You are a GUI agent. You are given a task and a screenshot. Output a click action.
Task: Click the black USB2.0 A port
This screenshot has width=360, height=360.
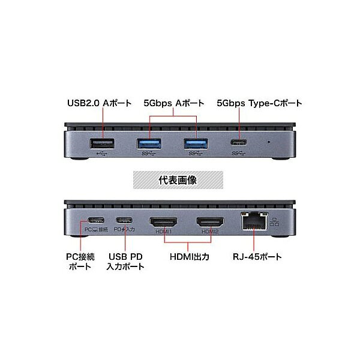[102, 144]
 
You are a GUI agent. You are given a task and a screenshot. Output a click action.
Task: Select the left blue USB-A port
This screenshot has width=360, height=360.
[149, 144]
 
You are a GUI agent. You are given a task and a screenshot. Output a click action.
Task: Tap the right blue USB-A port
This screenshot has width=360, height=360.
[196, 144]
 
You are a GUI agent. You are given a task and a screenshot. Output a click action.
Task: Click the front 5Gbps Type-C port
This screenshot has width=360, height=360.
[239, 142]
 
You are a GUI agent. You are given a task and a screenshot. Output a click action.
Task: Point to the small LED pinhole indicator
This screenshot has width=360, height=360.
[269, 142]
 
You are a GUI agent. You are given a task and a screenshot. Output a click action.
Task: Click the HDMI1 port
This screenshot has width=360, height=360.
[163, 222]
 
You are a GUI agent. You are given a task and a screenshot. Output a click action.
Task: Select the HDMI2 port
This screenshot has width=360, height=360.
[211, 222]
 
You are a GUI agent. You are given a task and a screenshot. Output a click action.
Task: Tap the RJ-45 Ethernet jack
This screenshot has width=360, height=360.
[254, 221]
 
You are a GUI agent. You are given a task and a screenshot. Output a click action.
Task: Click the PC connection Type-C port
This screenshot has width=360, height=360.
[96, 220]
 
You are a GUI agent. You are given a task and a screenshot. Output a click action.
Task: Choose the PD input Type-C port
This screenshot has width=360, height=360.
[124, 220]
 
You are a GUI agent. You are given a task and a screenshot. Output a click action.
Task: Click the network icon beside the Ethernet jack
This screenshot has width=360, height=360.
[274, 222]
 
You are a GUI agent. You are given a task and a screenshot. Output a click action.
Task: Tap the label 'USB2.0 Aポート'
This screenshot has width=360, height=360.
[99, 103]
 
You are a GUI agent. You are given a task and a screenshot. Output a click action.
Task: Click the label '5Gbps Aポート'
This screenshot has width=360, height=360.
[174, 103]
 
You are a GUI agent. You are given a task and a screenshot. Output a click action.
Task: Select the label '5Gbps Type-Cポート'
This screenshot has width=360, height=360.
[259, 103]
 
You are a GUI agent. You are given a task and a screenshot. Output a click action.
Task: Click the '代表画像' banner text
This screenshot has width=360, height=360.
[178, 180]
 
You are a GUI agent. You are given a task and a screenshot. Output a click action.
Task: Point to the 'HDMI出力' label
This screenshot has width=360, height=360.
[190, 257]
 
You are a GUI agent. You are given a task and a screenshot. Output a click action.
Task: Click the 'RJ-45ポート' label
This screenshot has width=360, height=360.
[257, 257]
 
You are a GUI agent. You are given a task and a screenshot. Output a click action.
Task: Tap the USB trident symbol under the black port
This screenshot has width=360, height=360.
[103, 153]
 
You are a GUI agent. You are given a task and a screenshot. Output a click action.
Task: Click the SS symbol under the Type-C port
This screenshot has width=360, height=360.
[239, 153]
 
